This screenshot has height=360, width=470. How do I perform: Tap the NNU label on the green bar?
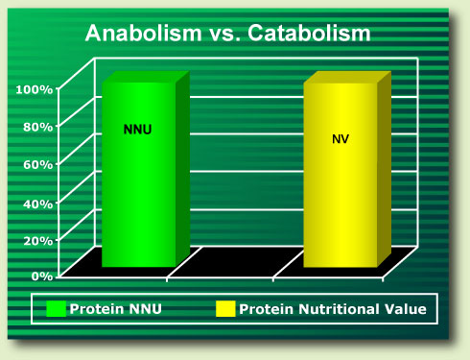pos(138,129)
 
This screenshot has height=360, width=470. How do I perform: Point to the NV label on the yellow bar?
pos(341,139)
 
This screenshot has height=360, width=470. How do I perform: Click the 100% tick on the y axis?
pos(35,89)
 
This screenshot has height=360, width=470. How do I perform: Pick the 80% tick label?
pos(37,127)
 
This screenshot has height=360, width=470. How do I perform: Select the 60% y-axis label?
pos(37,164)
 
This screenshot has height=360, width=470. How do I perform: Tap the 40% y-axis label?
pos(37,203)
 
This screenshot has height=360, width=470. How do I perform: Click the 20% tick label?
pos(37,239)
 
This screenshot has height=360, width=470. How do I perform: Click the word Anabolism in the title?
pos(139,34)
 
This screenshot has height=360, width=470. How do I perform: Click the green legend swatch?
pos(57,309)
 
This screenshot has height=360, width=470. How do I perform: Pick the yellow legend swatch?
pos(225,309)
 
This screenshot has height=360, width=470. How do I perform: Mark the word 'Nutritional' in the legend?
pos(335,309)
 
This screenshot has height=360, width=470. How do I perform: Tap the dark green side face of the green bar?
pos(182,168)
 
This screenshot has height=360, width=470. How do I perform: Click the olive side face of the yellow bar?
pos(384,173)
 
